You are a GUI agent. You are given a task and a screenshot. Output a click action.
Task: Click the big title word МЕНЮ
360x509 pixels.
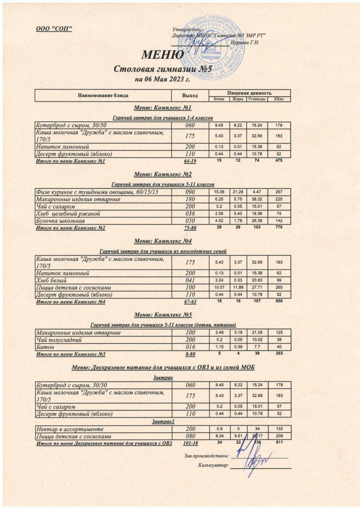click(x=163, y=55)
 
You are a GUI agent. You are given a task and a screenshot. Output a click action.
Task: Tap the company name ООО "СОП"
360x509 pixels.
click(x=53, y=28)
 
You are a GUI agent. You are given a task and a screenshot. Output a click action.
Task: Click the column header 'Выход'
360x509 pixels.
click(x=190, y=95)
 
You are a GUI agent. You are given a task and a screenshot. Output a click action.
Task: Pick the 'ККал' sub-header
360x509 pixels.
click(x=279, y=99)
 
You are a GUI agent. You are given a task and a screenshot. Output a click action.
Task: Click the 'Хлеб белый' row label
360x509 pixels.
click(x=52, y=280)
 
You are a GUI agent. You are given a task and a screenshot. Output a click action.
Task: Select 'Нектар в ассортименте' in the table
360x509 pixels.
click(x=67, y=429)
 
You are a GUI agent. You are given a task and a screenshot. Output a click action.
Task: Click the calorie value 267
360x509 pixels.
click(x=279, y=192)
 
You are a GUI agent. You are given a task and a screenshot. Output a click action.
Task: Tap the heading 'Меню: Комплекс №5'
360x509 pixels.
click(x=163, y=315)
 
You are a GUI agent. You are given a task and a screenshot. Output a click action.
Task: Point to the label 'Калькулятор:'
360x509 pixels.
click(x=214, y=466)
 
